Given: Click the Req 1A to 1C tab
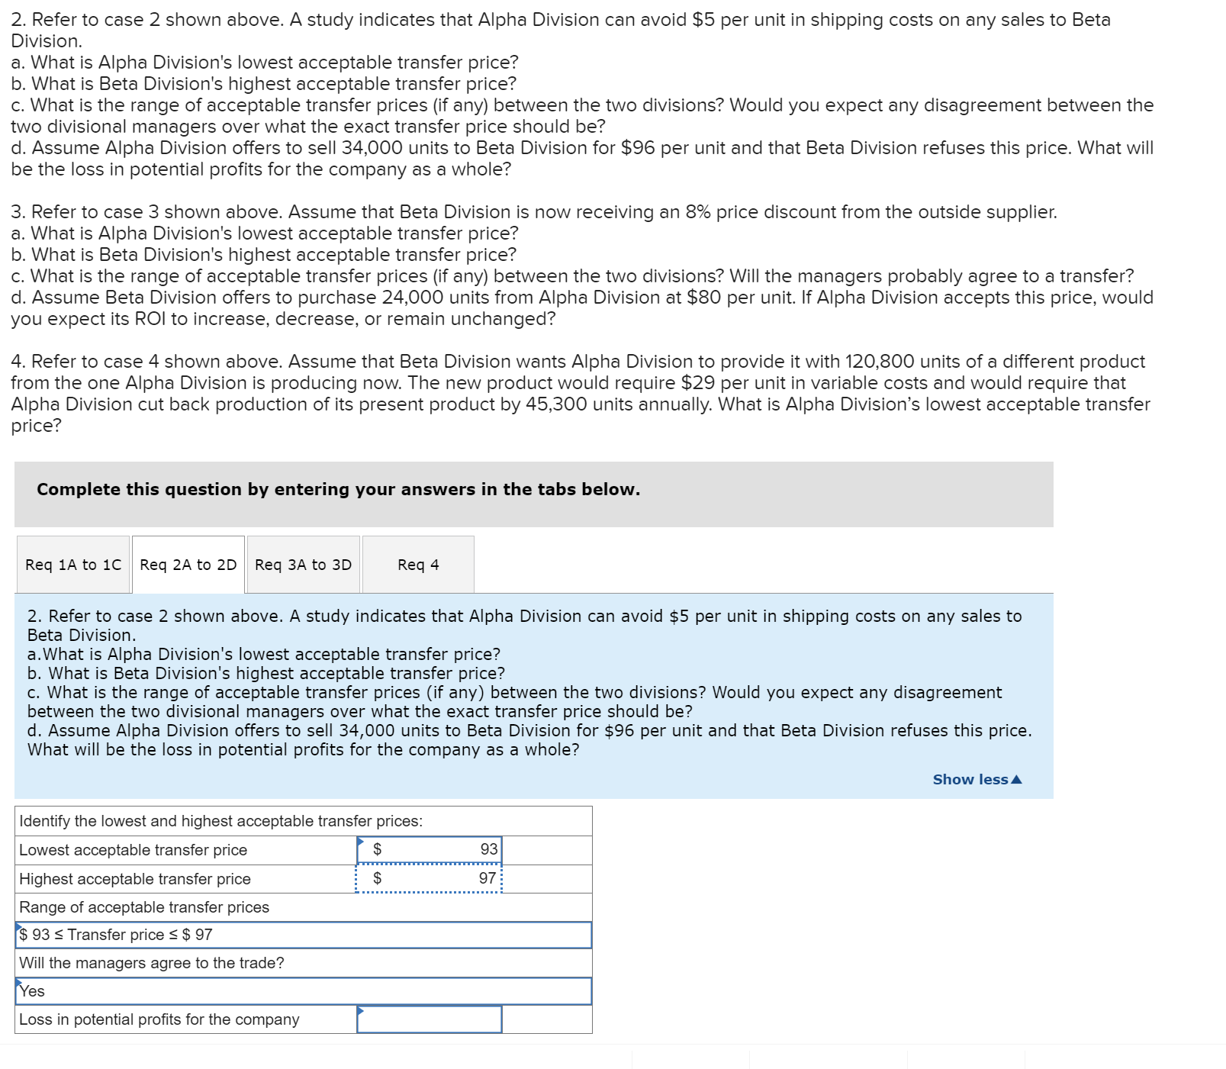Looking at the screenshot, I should click(73, 565).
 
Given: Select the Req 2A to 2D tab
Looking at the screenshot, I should click(188, 565).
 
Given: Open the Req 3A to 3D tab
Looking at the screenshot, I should click(304, 565).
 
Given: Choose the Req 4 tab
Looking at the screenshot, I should click(418, 565).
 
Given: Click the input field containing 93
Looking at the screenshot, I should click(430, 849).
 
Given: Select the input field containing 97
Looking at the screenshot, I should click(430, 878).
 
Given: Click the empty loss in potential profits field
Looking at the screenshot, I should click(430, 1019).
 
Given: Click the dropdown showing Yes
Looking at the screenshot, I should click(303, 991).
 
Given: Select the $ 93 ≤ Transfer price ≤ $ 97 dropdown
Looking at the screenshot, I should click(303, 935).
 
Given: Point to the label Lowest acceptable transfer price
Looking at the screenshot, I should click(134, 850).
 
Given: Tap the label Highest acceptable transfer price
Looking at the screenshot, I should click(135, 879).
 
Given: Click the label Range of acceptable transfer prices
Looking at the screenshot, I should click(144, 907).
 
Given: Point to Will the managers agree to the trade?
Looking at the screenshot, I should click(152, 963).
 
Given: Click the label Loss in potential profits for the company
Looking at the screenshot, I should click(159, 1019).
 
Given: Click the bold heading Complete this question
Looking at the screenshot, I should click(338, 489).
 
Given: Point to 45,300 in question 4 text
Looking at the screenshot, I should click(555, 404).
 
